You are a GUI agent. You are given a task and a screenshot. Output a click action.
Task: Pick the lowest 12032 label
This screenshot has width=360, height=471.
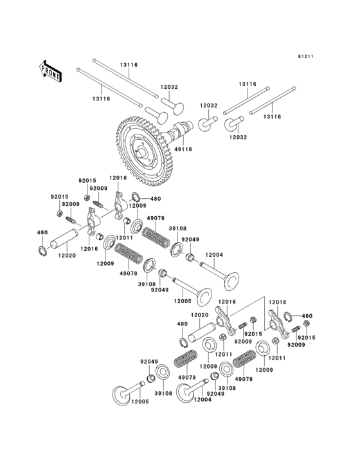click(x=238, y=137)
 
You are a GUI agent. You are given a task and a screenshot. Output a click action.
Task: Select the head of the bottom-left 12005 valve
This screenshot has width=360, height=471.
click(x=122, y=394)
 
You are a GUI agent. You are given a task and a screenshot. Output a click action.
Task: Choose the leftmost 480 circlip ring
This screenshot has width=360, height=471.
click(x=42, y=252)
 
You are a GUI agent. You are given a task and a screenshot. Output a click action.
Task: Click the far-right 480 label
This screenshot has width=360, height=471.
click(x=307, y=316)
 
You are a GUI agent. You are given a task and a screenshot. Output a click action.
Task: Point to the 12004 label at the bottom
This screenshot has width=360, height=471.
click(x=201, y=400)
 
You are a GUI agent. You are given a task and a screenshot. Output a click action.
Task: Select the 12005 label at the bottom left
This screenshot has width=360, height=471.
click(x=140, y=402)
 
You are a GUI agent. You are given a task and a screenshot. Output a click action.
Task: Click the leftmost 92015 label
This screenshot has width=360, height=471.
click(x=59, y=196)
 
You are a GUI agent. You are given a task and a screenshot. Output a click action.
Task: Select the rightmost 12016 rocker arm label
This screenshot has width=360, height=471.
click(x=277, y=302)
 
